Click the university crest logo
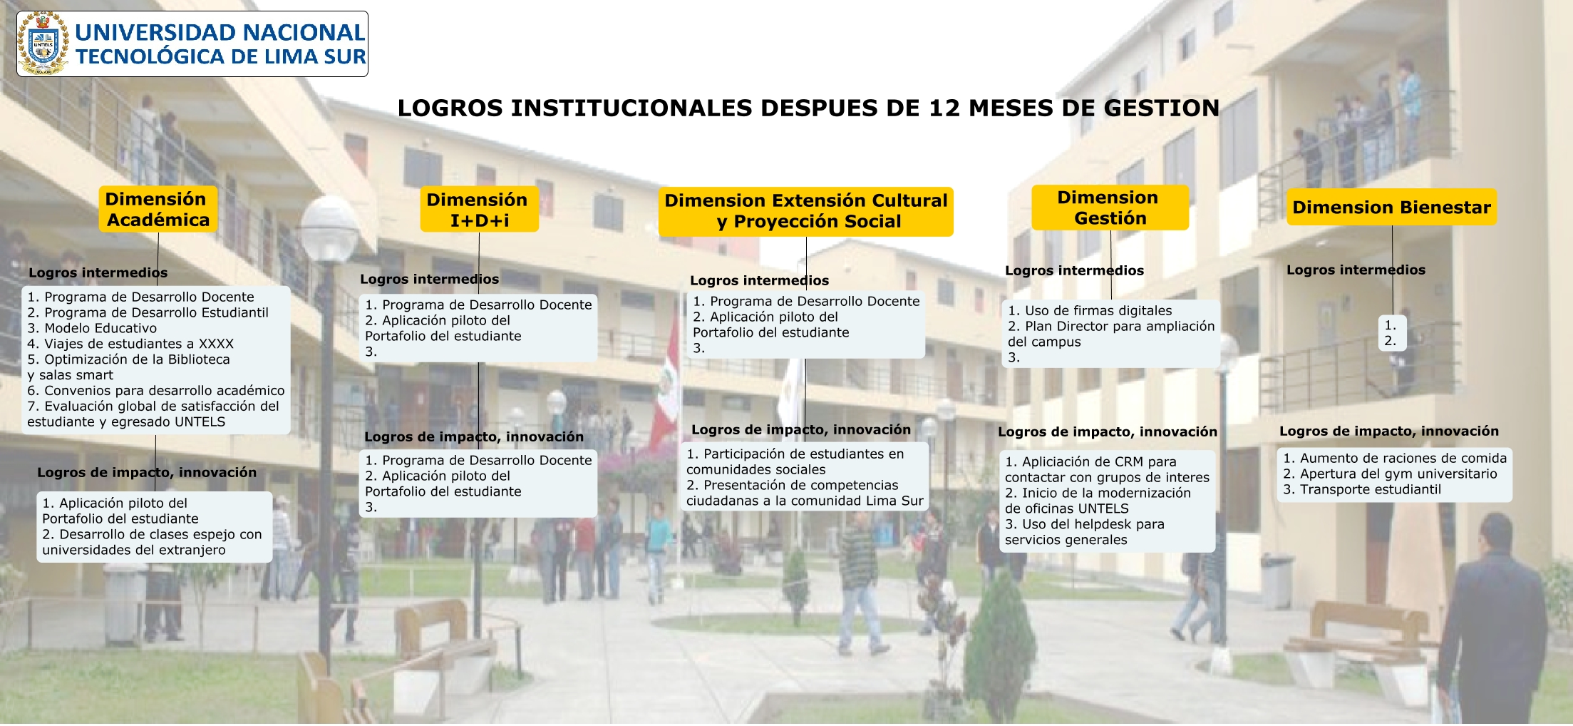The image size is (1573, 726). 43,44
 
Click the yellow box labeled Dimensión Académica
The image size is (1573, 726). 158,209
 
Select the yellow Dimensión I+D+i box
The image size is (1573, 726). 479,210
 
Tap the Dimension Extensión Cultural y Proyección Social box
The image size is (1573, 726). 806,211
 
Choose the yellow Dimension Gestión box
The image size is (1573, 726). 1110,208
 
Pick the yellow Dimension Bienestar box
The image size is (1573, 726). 1391,208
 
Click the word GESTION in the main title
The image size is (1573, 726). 1161,108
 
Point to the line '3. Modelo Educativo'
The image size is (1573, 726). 92,328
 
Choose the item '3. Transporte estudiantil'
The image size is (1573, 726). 1362,490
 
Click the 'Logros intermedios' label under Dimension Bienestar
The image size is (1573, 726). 1356,270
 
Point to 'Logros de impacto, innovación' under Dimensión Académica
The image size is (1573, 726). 147,473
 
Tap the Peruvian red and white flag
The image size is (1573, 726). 666,385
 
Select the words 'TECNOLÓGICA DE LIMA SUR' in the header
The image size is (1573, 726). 221,57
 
